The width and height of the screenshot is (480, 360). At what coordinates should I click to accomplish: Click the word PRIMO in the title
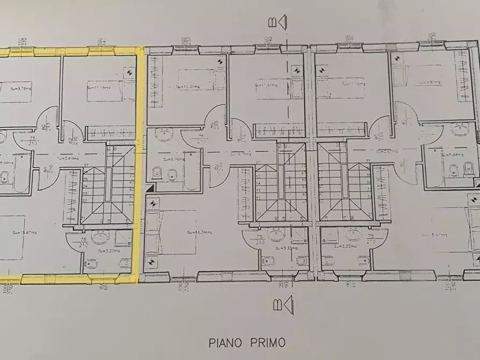pos(268,342)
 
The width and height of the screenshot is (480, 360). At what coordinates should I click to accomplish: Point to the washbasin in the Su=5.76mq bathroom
pos(164,135)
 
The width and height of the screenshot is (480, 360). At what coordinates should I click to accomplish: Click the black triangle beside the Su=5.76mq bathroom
pos(150,188)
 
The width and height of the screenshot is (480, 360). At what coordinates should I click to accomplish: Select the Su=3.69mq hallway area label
pos(68,159)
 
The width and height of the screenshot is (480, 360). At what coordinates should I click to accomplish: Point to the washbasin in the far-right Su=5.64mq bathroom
pos(461,130)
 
